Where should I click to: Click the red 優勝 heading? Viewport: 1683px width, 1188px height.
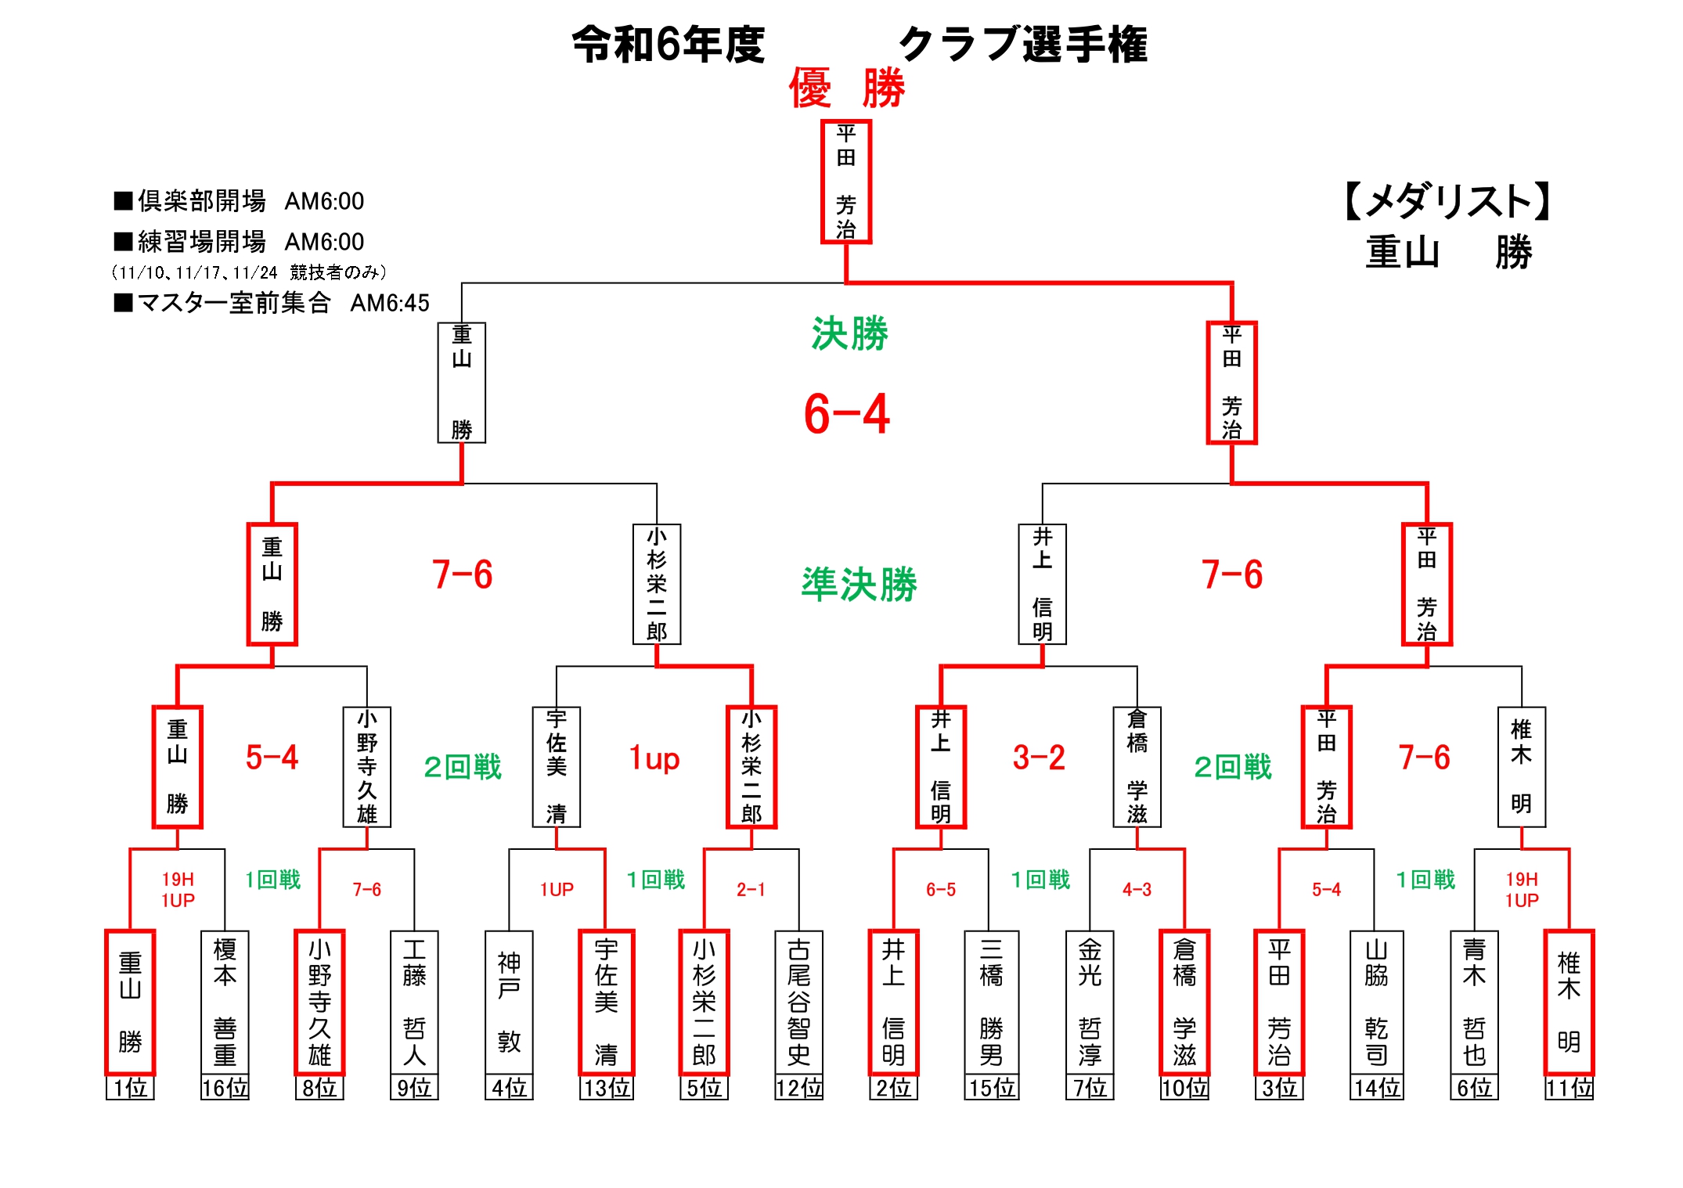coord(846,88)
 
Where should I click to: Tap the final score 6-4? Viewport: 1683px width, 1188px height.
coord(846,414)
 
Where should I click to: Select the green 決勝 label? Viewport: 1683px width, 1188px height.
coord(849,334)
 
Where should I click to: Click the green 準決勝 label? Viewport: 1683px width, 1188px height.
coord(859,584)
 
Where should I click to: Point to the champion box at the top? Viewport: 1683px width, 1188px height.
coord(845,182)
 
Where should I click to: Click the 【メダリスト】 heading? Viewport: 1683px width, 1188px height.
coord(1447,201)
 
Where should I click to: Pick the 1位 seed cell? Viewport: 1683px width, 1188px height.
coord(130,1088)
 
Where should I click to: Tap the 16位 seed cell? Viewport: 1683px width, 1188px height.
coord(225,1088)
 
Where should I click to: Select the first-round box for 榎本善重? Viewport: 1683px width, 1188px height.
coord(225,1002)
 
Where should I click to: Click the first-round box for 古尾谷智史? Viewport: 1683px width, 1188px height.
coord(798,1002)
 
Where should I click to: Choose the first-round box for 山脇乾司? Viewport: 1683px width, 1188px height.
coord(1376,1002)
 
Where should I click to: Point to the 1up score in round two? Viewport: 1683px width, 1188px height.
coord(654,758)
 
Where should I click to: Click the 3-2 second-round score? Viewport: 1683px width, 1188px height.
coord(1038,758)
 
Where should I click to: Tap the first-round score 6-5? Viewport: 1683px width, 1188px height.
coord(940,890)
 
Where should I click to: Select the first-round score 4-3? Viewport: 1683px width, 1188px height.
coord(1137,890)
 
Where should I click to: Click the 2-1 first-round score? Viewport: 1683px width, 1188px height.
coord(750,890)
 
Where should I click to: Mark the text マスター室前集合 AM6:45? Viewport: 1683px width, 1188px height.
coord(272,303)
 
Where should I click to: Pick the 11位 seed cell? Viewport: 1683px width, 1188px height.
coord(1569,1088)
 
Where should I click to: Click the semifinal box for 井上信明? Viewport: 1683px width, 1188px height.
coord(1042,584)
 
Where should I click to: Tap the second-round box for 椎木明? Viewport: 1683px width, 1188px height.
coord(1521,767)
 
